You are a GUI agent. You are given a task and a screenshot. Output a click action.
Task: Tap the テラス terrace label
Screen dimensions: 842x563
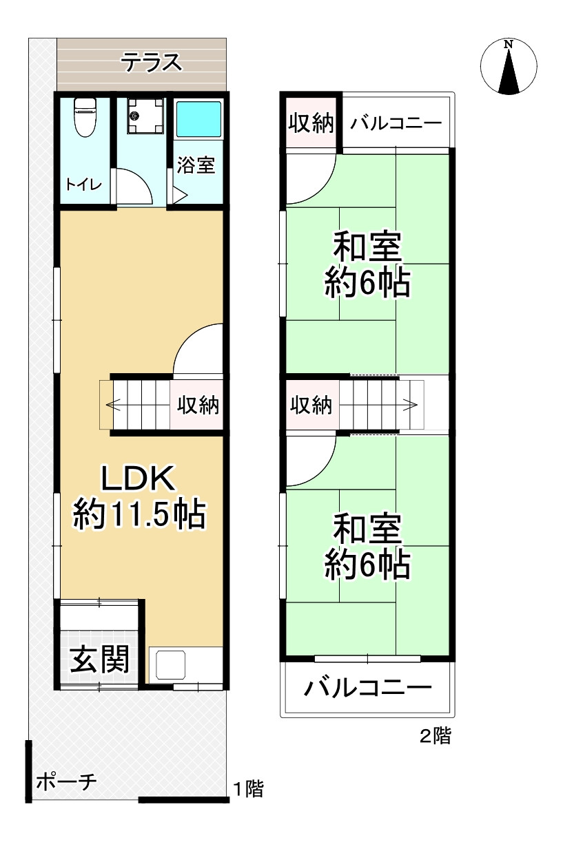(152, 63)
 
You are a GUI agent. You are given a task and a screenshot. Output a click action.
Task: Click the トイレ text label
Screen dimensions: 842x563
(84, 185)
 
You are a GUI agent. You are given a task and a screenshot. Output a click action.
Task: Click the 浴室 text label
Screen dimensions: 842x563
(196, 165)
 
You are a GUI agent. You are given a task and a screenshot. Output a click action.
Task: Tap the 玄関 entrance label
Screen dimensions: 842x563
(101, 660)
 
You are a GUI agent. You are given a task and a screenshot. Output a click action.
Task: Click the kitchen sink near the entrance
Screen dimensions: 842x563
(172, 665)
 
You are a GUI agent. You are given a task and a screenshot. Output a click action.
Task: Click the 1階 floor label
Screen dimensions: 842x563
(247, 788)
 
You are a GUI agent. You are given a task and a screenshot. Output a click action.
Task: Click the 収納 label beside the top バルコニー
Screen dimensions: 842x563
(311, 123)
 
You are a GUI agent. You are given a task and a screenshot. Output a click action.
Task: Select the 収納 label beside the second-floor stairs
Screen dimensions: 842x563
(311, 405)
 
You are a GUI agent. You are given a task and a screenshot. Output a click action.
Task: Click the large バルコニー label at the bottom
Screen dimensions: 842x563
(369, 687)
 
